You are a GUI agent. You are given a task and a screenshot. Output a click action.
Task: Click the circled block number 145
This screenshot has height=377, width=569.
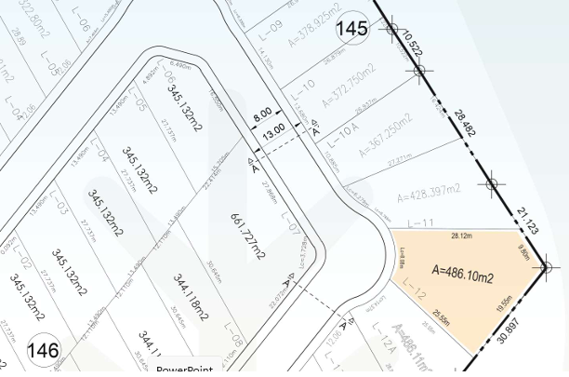pyautogui.click(x=351, y=29)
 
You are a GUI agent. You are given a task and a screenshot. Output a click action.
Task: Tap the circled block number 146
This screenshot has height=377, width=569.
pyautogui.click(x=43, y=351)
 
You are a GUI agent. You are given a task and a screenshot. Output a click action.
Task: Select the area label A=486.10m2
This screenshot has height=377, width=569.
pyautogui.click(x=463, y=276)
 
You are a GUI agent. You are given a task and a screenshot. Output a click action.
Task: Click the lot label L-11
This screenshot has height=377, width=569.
pyautogui.click(x=422, y=222)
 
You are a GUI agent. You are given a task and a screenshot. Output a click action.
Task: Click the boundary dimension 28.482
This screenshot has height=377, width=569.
pyautogui.click(x=465, y=123)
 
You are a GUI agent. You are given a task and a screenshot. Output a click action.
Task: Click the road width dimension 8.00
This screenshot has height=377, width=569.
pyautogui.click(x=263, y=113)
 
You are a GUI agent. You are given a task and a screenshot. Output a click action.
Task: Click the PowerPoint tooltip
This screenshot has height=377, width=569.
pyautogui.click(x=185, y=370)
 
